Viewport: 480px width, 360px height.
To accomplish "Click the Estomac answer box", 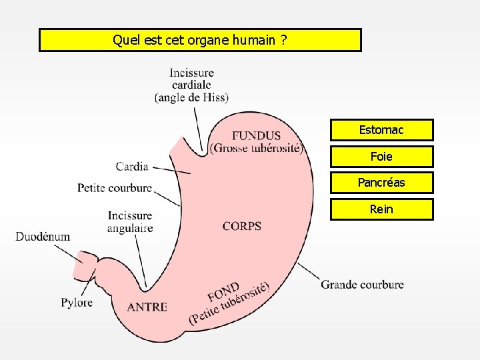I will coord(381,129).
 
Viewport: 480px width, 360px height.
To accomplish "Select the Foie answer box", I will coord(381,156).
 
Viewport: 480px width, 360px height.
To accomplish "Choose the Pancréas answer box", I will coord(381,183).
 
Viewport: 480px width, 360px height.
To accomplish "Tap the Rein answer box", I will coord(381,209).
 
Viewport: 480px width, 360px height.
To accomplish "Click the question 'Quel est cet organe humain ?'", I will coord(200,40).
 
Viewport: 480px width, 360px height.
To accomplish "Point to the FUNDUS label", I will coord(256,136).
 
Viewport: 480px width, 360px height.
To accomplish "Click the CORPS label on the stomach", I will coord(242,226).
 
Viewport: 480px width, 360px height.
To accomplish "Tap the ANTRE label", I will coord(147,307).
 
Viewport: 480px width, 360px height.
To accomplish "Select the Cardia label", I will coord(132,166).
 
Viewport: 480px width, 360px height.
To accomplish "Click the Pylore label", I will coord(77,303).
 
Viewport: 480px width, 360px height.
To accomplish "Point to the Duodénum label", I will coord(43,237).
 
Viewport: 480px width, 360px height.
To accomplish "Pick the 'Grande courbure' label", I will coord(362,285).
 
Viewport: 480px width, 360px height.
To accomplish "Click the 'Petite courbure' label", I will coord(115,188).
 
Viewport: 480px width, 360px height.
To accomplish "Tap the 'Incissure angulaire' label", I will coord(130,222).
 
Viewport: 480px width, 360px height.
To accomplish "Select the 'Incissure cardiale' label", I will coord(191,79).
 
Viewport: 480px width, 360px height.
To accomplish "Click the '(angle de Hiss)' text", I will coord(191,97).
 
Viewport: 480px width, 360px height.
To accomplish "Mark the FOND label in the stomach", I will coord(223,291).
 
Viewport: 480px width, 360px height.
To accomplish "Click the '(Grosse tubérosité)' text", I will coord(257,148).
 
